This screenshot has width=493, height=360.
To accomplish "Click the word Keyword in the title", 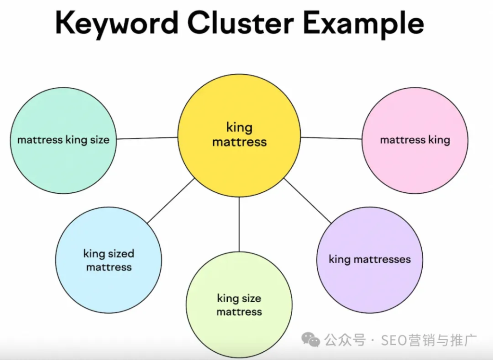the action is point(117,23).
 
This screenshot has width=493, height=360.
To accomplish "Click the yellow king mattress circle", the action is point(239,135).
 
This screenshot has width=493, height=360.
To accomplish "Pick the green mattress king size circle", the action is point(63,140).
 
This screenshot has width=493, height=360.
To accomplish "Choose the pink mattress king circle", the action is point(415,140).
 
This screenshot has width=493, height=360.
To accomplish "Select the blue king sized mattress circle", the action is point(109,260).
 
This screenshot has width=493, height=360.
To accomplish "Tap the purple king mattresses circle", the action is point(370,260).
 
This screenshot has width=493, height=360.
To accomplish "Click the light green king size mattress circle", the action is point(239,305).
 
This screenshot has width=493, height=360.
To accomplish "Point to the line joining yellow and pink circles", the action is point(331,138).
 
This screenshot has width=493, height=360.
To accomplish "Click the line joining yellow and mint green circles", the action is point(147,138).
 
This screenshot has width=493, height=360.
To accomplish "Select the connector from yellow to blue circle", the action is point(171,201).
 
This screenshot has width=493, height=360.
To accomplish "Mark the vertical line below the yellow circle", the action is point(239,225).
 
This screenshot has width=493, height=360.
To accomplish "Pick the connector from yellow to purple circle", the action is point(308,201).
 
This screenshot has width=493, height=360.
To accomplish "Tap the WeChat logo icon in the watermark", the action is point(311,339).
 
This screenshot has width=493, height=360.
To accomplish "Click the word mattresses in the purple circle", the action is point(382,259).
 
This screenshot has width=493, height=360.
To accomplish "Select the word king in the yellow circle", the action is point(239,128).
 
